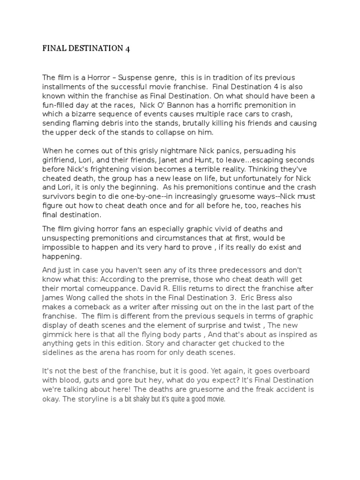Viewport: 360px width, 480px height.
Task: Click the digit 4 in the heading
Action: pos(127,48)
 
